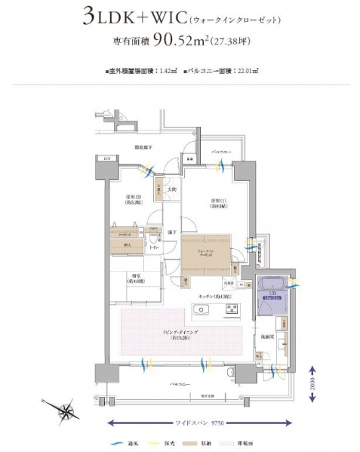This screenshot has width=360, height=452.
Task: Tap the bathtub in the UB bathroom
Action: [272, 285]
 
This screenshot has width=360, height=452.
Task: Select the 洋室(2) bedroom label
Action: [134, 199]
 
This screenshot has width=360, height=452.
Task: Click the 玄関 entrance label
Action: [170, 189]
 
